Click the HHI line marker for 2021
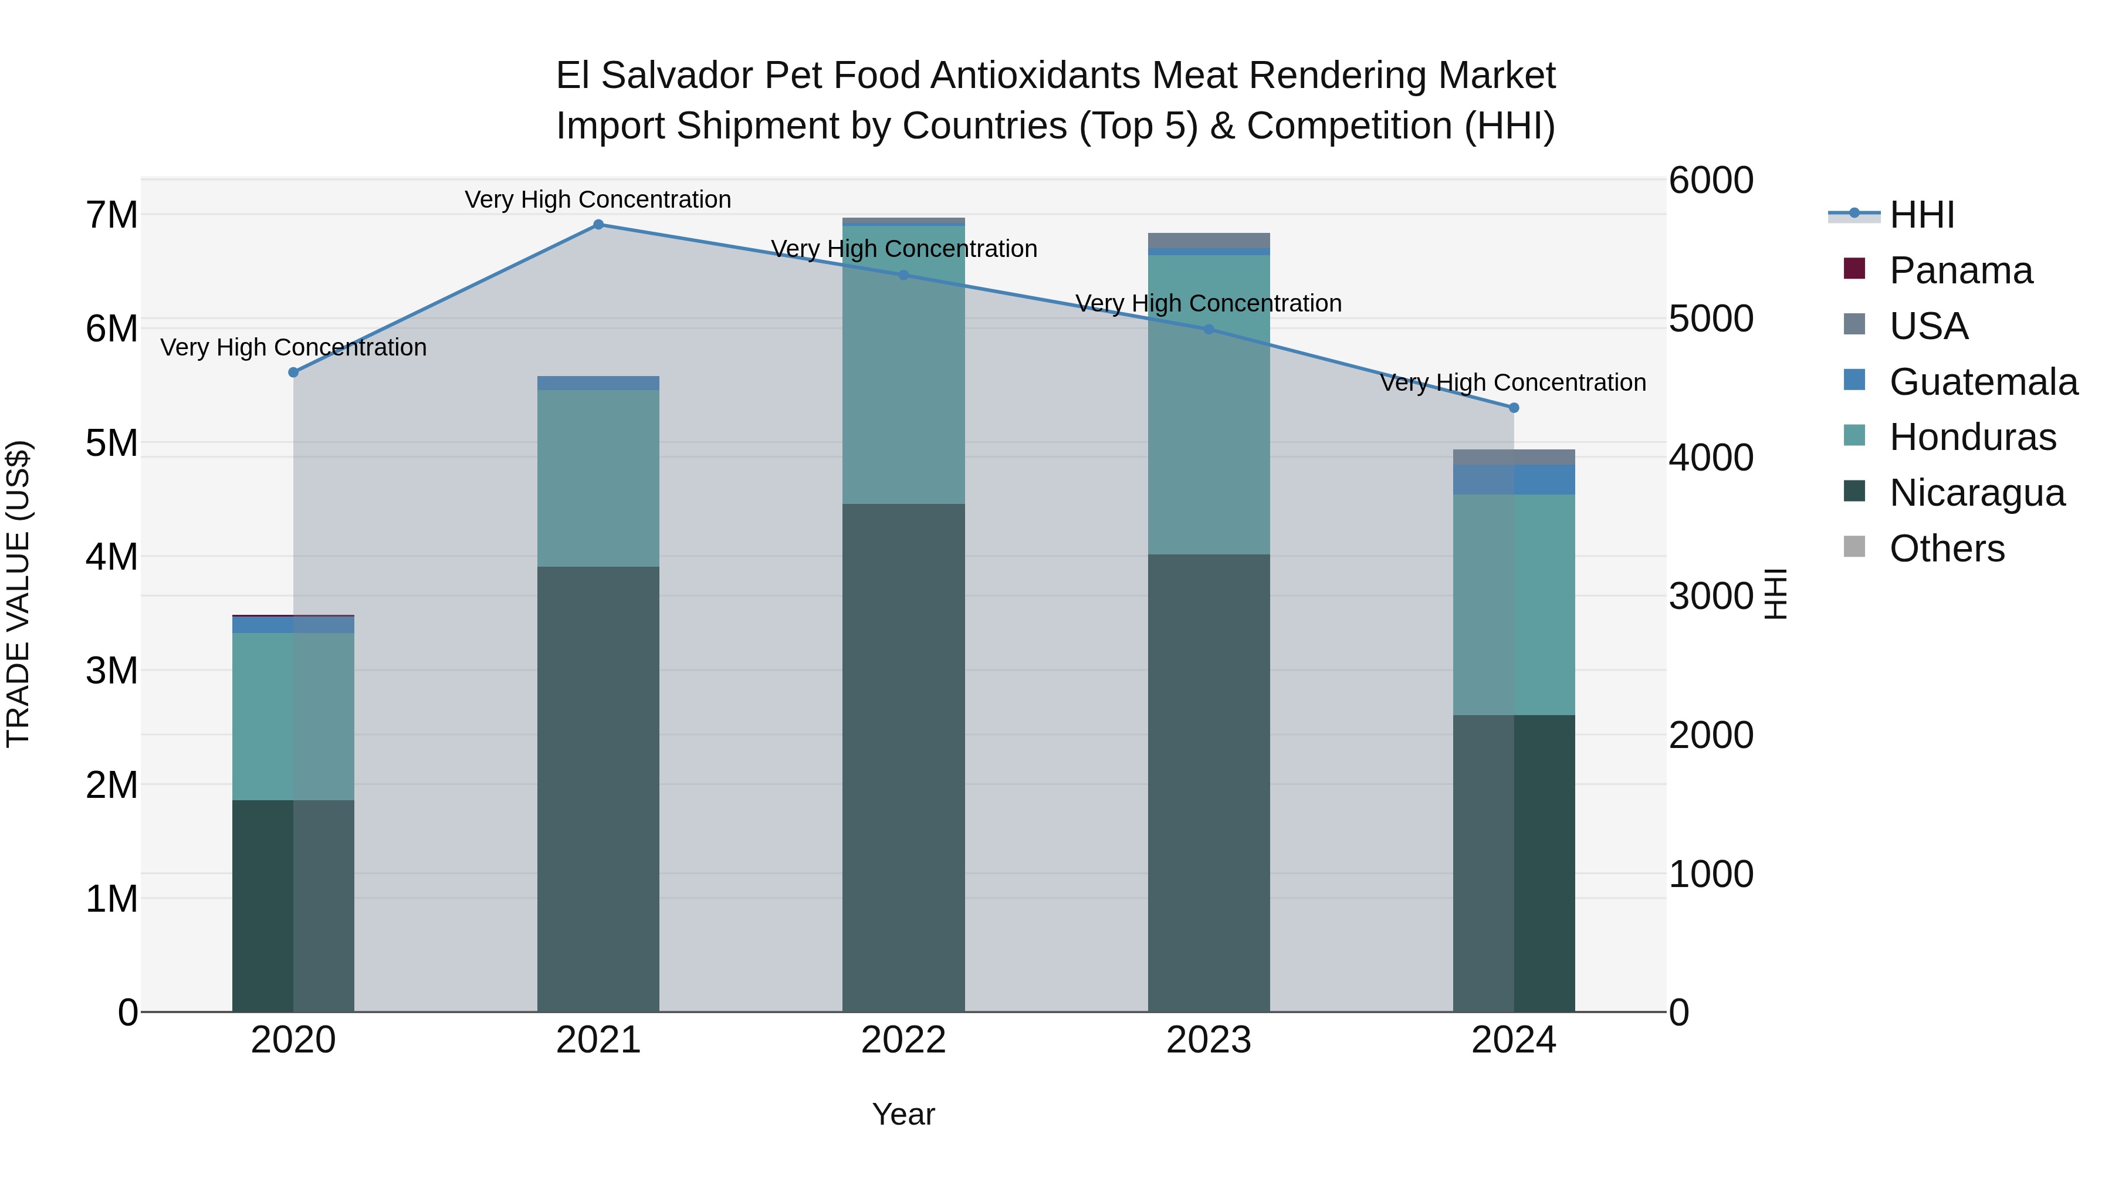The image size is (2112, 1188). [x=598, y=225]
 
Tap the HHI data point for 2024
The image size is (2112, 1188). [x=1514, y=408]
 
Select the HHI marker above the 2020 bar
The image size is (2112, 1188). [x=293, y=372]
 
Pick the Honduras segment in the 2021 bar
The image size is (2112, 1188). [x=598, y=478]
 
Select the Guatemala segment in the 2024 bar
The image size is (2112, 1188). [x=1514, y=480]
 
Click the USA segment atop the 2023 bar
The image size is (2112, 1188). [x=1209, y=240]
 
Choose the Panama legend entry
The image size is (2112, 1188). [x=1959, y=270]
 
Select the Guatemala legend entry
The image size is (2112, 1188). [x=1982, y=382]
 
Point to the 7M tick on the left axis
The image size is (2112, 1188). [x=111, y=215]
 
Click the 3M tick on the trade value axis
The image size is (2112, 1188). [x=111, y=671]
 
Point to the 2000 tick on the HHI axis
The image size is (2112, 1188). [x=1711, y=735]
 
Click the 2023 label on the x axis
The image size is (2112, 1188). [x=1209, y=1040]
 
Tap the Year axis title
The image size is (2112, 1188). [x=903, y=1114]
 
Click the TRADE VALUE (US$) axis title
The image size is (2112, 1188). [x=18, y=594]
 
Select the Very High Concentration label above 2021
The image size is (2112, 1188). [x=598, y=199]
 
